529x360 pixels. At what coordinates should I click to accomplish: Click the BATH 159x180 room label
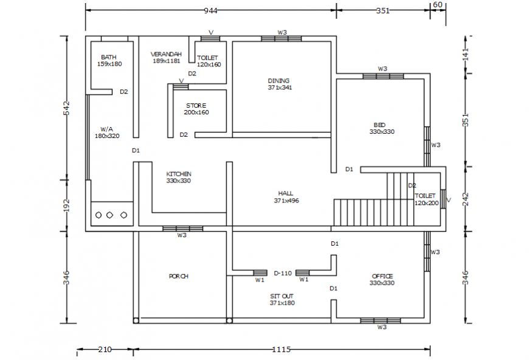point(109,60)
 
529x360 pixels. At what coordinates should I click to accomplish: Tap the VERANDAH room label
point(166,57)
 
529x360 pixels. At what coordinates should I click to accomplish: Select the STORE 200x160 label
point(196,109)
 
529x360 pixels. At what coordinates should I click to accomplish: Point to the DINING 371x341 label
point(279,84)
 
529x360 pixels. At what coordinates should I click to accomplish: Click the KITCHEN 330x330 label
point(179,177)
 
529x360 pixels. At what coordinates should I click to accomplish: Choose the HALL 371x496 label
point(286,196)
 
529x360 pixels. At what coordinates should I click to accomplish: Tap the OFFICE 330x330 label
point(382,279)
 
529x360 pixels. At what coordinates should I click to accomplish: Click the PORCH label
point(178,276)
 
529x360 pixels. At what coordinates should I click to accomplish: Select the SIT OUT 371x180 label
point(282,299)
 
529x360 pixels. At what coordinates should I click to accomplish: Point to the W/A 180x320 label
point(106,133)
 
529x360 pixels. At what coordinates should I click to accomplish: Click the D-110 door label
point(283,273)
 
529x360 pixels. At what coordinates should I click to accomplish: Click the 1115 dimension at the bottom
point(282,350)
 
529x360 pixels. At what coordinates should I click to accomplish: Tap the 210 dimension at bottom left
point(105,350)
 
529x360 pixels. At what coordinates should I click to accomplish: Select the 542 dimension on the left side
point(67,108)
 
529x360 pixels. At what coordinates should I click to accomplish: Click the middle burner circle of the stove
point(110,215)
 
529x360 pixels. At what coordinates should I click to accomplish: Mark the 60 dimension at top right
point(437,4)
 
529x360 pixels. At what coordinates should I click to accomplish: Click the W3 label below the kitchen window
point(182,235)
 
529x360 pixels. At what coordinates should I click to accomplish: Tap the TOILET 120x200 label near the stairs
point(426,199)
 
